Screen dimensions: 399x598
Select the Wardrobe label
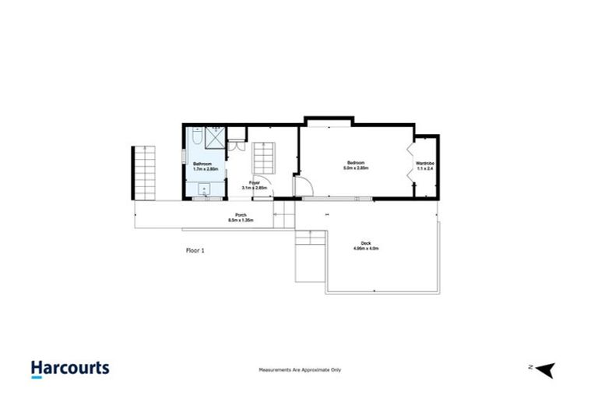[425, 163]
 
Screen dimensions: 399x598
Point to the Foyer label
[254, 183]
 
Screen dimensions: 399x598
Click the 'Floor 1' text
[196, 251]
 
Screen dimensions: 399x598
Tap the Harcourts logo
[70, 369]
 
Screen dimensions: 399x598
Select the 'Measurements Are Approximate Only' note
[299, 370]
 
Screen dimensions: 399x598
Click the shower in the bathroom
[213, 141]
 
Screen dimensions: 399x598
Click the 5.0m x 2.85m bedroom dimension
[357, 168]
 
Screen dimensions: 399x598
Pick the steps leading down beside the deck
[309, 257]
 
